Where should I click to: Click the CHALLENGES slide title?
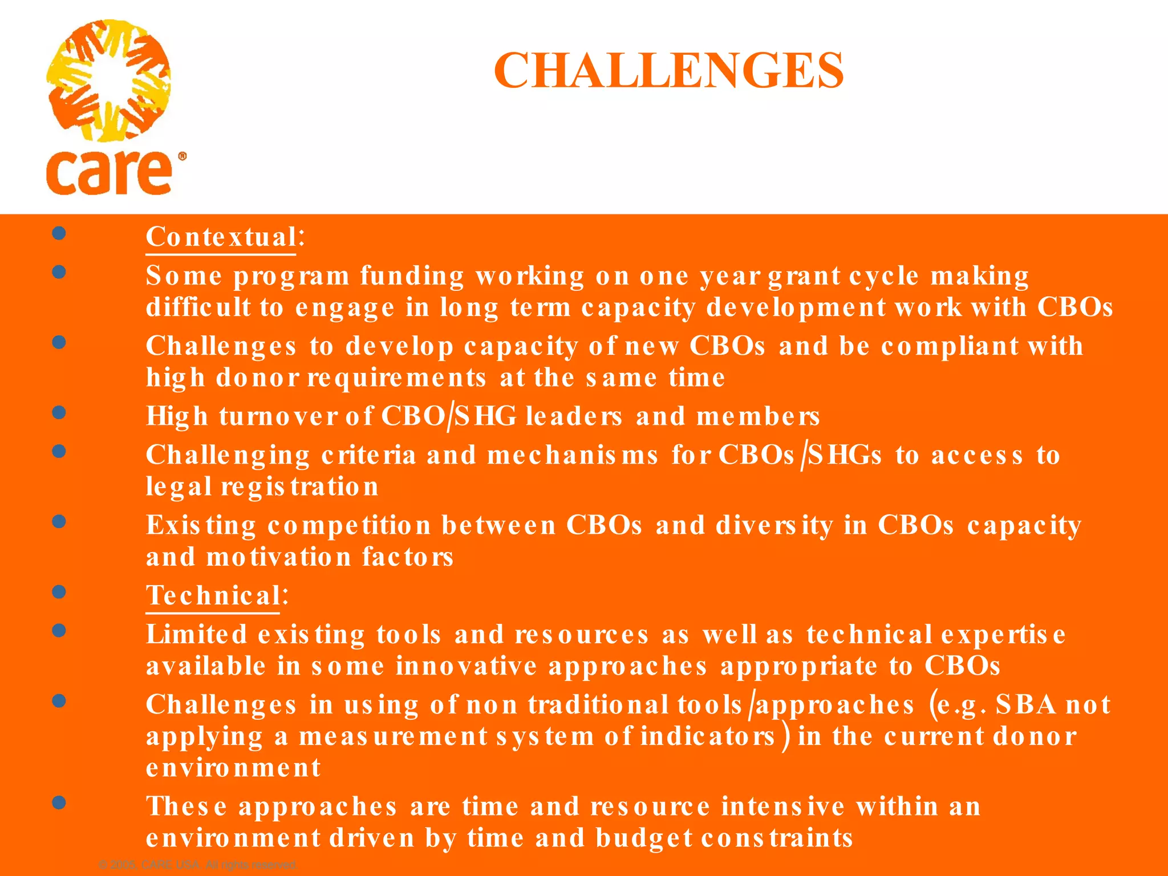668,71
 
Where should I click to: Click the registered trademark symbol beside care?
182,156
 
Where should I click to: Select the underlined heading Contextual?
221,237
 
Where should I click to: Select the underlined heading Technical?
213,595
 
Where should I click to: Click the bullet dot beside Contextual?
59,233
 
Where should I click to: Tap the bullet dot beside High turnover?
59,412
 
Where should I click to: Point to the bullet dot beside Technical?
59,591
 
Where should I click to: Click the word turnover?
278,416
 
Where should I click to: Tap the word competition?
349,525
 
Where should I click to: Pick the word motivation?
279,557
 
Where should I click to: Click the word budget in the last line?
644,838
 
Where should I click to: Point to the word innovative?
467,666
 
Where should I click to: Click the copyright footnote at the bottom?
198,865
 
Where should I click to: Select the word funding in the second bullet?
412,277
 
